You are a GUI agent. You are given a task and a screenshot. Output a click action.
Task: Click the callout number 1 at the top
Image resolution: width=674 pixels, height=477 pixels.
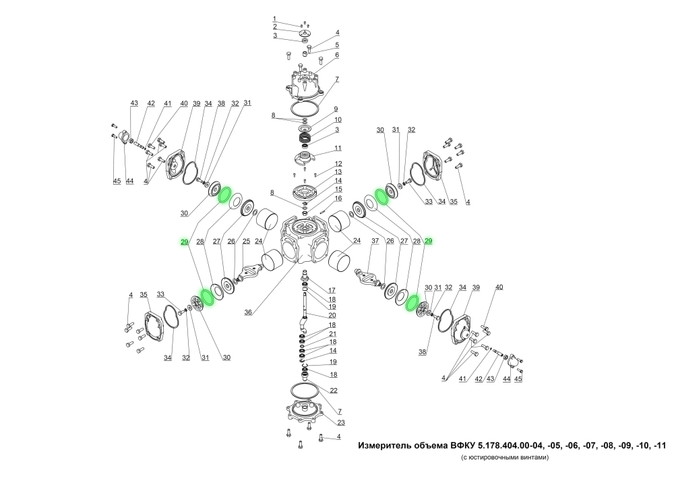pos(274,19)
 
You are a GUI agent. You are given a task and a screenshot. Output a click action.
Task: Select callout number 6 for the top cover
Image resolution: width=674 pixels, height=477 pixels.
pos(337,55)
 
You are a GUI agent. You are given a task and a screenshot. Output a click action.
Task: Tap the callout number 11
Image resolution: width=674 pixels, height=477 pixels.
pos(338,148)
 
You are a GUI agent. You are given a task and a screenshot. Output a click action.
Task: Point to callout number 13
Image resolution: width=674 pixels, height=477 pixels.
pos(338,172)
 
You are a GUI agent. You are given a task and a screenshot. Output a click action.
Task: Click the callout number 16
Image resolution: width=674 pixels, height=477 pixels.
pos(338,198)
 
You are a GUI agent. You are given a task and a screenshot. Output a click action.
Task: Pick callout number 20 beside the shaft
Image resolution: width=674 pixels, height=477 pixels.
pos(332,315)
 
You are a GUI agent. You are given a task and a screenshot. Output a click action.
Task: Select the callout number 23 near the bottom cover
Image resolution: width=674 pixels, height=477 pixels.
pos(341,422)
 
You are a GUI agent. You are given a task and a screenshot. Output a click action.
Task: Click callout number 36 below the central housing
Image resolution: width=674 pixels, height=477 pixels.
pos(248,312)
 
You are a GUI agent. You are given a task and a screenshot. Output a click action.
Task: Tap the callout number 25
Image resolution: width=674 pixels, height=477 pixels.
pos(246,242)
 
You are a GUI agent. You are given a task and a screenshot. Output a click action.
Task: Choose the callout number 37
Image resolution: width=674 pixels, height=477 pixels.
pos(375,241)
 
